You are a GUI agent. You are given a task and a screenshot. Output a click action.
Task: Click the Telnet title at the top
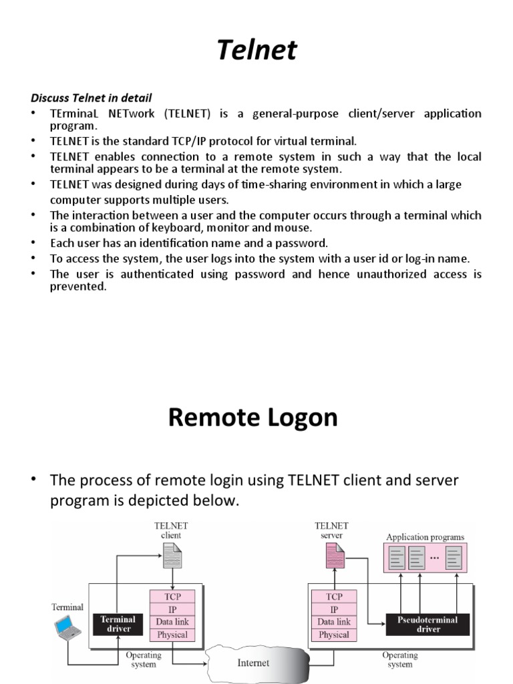point(257,51)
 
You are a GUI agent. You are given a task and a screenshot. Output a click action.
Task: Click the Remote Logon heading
point(253,417)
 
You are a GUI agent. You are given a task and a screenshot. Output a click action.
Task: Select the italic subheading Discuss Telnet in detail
point(92,98)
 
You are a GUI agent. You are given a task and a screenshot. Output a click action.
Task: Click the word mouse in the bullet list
point(297,228)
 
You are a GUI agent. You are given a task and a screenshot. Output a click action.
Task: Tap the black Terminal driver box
point(117,624)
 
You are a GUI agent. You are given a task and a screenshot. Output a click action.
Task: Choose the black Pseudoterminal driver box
point(428,624)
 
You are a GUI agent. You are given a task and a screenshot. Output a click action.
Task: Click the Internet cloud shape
point(253,663)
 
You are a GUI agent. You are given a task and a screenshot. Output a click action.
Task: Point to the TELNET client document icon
point(172,556)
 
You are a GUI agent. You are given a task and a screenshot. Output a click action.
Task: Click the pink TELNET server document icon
point(335,556)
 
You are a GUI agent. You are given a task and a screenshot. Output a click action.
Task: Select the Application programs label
point(425,536)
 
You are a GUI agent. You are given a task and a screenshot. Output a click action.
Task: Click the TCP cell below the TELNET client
point(172,596)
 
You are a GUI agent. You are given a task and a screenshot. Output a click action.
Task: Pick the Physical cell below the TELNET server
point(334,635)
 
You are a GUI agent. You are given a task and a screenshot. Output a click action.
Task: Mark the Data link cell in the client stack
point(172,622)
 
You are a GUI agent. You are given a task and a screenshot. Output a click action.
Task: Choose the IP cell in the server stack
point(334,609)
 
